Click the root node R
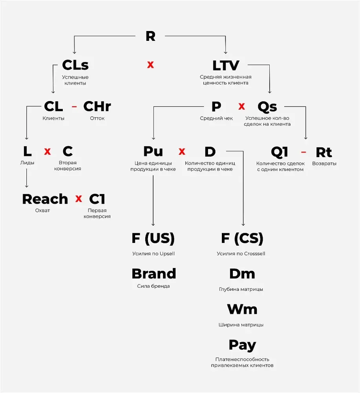click(150, 36)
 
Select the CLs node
click(75, 65)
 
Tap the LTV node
click(226, 65)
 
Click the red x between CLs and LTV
click(150, 65)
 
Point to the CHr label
click(97, 107)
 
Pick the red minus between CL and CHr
click(74, 107)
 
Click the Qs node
click(267, 107)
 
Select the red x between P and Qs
click(242, 107)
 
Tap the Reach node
click(45, 199)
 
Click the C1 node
click(97, 199)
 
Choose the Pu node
click(153, 151)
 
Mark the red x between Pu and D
click(182, 151)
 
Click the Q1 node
click(280, 152)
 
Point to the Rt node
click(323, 152)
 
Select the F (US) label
click(153, 238)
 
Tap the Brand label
click(154, 274)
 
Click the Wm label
click(242, 309)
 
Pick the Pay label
click(242, 345)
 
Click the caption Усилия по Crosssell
click(241, 253)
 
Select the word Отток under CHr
click(97, 118)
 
